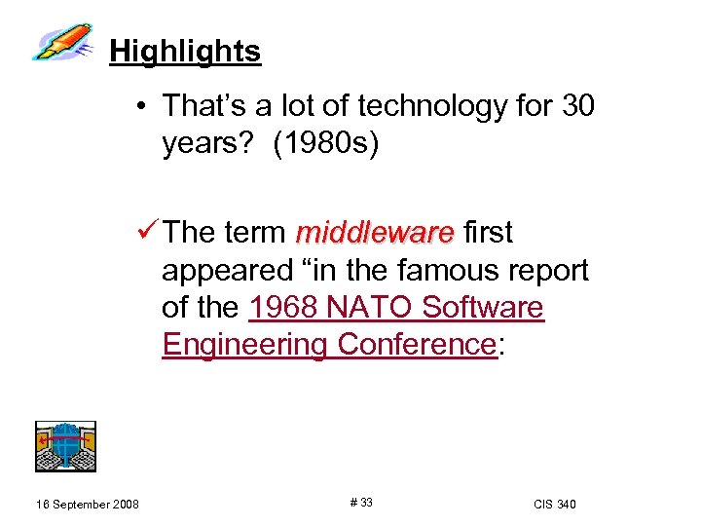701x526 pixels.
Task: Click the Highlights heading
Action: [x=185, y=51]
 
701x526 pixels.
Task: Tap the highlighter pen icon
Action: [x=64, y=43]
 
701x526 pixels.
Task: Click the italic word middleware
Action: [x=375, y=234]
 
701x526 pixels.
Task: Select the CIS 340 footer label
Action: [x=555, y=504]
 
